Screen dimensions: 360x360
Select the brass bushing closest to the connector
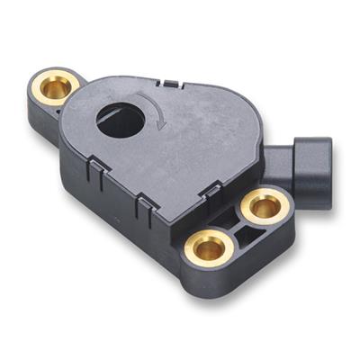263,207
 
